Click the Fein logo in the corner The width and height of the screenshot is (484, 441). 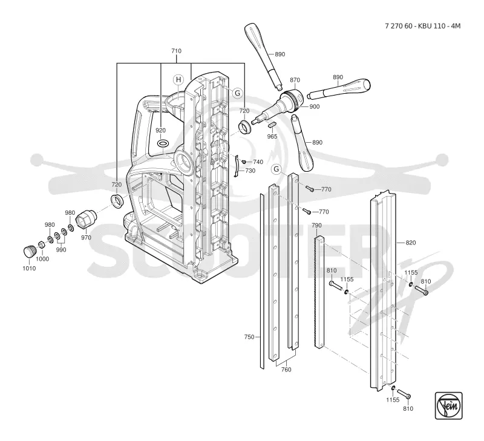point(448,405)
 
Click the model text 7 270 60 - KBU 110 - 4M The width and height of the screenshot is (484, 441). point(422,26)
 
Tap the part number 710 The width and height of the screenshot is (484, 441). point(176,51)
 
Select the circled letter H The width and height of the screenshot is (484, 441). point(178,80)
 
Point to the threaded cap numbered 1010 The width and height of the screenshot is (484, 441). point(30,251)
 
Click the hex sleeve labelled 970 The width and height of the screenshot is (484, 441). point(86,220)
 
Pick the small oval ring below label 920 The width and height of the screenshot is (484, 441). point(163,143)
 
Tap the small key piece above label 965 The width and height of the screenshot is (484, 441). point(271,125)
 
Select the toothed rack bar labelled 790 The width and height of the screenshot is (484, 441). point(319,292)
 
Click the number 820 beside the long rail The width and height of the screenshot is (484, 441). point(411,243)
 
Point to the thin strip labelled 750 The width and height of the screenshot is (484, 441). point(262,281)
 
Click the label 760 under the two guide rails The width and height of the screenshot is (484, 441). point(286,370)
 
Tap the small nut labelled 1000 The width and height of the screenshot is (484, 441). point(41,245)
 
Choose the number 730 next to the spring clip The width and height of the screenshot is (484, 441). point(250,171)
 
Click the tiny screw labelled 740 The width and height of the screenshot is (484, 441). point(244,162)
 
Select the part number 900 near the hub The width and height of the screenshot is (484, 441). point(314,106)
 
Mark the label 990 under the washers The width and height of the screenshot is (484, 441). point(61,250)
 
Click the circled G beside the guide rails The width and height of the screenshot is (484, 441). point(276,169)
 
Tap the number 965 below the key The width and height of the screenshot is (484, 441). point(272,136)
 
